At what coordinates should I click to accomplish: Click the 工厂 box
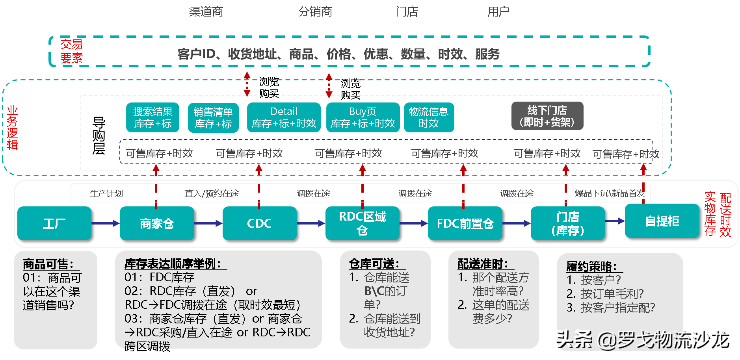click(x=54, y=223)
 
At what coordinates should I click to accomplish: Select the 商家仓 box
click(x=157, y=223)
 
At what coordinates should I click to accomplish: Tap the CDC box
click(x=259, y=223)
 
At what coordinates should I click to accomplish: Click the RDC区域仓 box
click(x=362, y=223)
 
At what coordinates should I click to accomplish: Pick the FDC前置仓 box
click(x=465, y=223)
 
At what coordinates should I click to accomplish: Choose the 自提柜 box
click(x=662, y=221)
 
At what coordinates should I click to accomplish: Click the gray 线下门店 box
click(x=547, y=116)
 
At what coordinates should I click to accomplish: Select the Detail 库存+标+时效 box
click(x=284, y=117)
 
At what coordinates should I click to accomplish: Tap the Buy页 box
click(x=363, y=117)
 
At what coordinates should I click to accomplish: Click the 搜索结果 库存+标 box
click(x=152, y=117)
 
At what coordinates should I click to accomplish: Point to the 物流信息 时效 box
click(x=428, y=117)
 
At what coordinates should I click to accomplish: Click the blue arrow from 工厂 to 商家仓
click(x=105, y=223)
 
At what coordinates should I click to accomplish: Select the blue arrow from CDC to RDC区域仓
click(x=311, y=223)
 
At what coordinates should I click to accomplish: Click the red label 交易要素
click(x=71, y=51)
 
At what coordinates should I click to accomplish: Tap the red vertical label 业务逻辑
click(x=12, y=128)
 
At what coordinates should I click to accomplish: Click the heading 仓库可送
click(x=374, y=264)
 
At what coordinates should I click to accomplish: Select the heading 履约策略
click(x=591, y=266)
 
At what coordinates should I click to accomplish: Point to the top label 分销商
click(x=315, y=12)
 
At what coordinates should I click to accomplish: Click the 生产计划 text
click(x=106, y=193)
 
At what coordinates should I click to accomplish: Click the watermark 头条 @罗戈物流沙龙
click(x=641, y=339)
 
